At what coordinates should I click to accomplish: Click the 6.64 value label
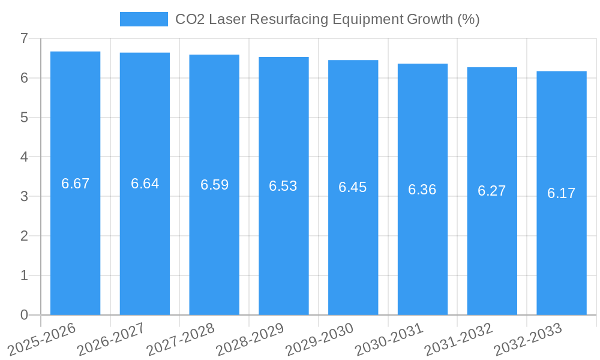[145, 184]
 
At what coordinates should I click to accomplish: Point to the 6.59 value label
[214, 185]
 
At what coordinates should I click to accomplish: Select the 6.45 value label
[353, 187]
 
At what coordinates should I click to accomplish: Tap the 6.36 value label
[422, 190]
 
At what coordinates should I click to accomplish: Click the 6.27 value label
[492, 191]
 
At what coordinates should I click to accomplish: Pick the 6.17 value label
[562, 193]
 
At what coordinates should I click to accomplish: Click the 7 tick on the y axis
[24, 38]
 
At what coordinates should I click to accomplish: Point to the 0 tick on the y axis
[24, 315]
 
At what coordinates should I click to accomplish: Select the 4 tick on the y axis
[24, 157]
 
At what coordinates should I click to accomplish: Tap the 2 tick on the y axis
[24, 236]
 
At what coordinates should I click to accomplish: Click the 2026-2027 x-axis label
[111, 338]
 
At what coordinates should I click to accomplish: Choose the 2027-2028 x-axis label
[181, 338]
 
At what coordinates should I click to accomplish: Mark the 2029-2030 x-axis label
[320, 338]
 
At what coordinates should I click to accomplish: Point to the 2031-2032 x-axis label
[458, 338]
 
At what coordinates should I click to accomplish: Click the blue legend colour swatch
[144, 19]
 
